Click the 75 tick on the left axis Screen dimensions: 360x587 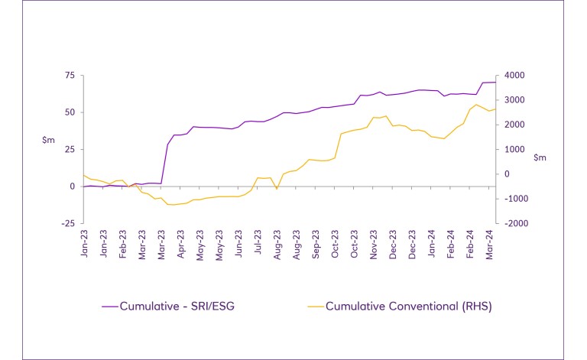[x=69, y=75]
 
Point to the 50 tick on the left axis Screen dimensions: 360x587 [x=69, y=112]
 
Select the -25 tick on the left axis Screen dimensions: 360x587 [x=67, y=223]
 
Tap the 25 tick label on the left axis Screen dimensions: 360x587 [x=69, y=149]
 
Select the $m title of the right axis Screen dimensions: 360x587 [x=540, y=157]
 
